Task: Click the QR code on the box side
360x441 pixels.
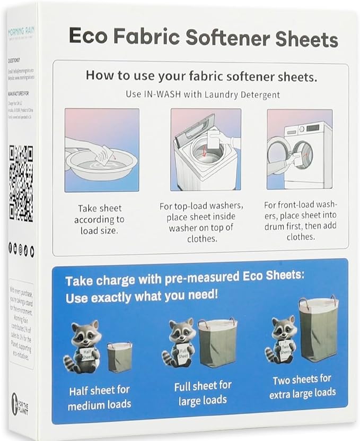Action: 21,184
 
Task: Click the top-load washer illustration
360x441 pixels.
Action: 206,150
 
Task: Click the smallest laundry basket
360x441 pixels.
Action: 119,357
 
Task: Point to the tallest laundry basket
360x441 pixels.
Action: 318,328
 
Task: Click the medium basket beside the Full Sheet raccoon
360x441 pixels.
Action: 217,342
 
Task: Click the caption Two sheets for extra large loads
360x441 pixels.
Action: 302,386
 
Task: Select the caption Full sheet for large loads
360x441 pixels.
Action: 203,393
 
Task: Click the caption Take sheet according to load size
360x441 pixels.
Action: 99,219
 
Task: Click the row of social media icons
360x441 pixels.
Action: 21,247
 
